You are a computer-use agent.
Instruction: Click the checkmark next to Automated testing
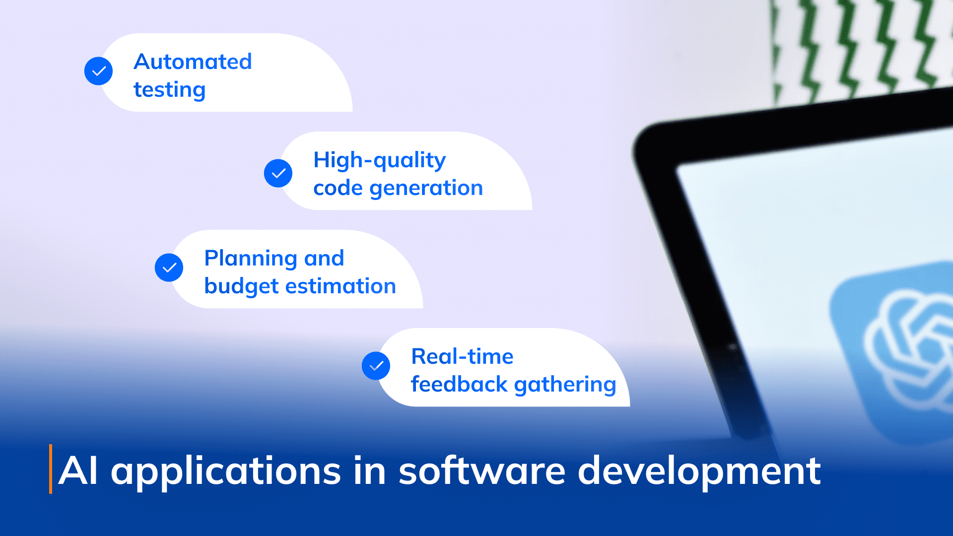(x=99, y=71)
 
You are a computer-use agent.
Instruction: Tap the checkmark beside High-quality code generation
(x=278, y=173)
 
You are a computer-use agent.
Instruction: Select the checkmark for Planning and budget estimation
(x=169, y=268)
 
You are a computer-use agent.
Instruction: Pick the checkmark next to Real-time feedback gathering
(x=376, y=366)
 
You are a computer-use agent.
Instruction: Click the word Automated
(x=193, y=62)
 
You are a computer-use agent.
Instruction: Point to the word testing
(x=169, y=90)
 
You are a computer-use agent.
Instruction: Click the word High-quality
(x=379, y=160)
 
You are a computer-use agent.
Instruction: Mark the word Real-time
(x=462, y=356)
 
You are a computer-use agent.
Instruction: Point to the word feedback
(x=459, y=384)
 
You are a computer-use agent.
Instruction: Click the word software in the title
(x=481, y=470)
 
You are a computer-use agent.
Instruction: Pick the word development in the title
(x=699, y=471)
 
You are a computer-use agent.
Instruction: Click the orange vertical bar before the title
(x=51, y=469)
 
